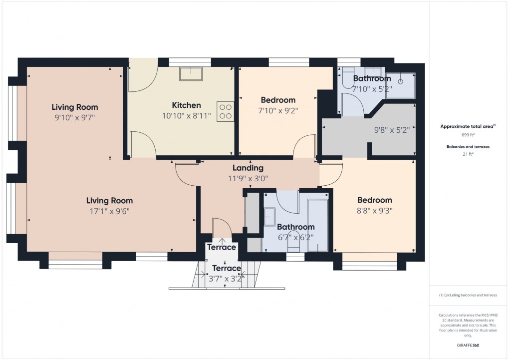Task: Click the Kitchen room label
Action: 186,105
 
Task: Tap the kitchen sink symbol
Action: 191,74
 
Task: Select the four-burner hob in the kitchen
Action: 225,111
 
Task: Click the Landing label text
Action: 248,168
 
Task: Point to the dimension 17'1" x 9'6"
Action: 109,211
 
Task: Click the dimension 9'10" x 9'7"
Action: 75,117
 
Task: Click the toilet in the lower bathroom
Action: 293,241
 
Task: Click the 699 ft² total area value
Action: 468,135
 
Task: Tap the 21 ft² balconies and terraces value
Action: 468,154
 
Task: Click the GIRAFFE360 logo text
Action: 468,345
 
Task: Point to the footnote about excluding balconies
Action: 468,295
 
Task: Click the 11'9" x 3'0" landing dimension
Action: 248,178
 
